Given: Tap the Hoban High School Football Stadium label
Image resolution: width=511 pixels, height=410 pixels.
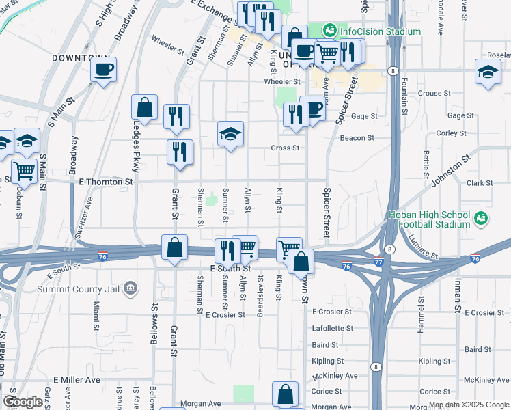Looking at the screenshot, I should pos(429,219).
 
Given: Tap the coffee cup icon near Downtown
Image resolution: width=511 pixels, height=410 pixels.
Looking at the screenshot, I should pos(103,69).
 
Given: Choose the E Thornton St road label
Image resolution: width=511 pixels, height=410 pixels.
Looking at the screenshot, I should pos(106,182).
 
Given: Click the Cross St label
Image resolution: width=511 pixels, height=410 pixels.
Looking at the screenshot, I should pos(285,148).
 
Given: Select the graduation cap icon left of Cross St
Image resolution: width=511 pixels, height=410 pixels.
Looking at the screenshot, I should pos(230,134).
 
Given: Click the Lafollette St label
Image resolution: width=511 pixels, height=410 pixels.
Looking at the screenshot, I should pos(332,328).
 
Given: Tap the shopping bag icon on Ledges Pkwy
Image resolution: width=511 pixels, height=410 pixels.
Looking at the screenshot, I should pos(144,108).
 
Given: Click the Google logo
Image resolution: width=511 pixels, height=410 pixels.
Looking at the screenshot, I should pos(23,402).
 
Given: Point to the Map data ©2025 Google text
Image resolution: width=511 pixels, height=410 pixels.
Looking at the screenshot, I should pos(468,405).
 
